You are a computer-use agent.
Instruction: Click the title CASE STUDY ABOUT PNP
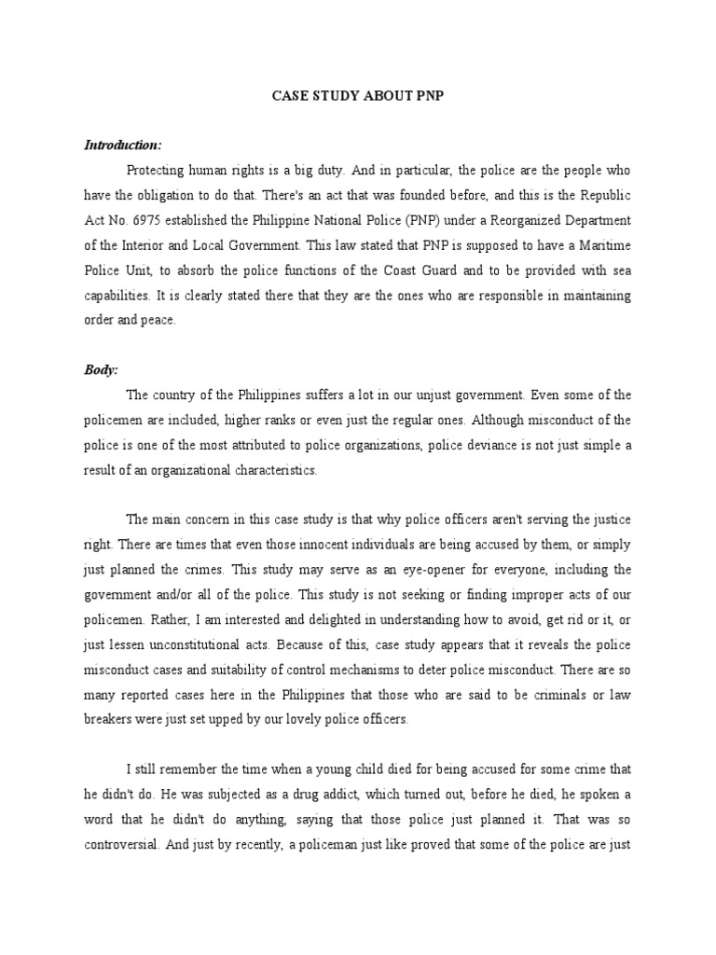[357, 96]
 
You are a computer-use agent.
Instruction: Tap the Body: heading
[101, 369]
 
